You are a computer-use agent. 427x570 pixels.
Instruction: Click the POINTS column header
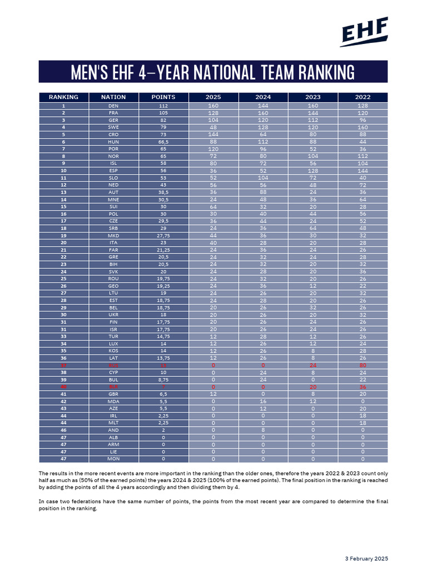pyautogui.click(x=163, y=97)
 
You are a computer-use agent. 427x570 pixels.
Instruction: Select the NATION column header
pyautogui.click(x=113, y=97)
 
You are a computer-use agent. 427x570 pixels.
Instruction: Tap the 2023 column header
pyautogui.click(x=313, y=97)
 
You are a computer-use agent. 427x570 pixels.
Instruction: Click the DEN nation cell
pyautogui.click(x=113, y=106)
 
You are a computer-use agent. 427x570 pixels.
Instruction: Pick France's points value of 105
pyautogui.click(x=163, y=112)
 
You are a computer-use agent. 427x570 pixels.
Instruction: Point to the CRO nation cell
pyautogui.click(x=113, y=134)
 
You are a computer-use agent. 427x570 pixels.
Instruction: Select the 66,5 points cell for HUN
pyautogui.click(x=163, y=141)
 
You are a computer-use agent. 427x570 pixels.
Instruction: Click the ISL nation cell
pyautogui.click(x=113, y=163)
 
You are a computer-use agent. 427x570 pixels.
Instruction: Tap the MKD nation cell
pyautogui.click(x=113, y=235)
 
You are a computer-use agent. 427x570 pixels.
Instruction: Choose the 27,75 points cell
pyautogui.click(x=163, y=235)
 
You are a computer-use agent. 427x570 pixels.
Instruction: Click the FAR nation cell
pyautogui.click(x=113, y=250)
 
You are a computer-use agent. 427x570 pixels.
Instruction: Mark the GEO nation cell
pyautogui.click(x=113, y=286)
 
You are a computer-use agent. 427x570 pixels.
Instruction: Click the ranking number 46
pyautogui.click(x=63, y=430)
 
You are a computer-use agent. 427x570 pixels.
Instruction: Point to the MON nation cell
pyautogui.click(x=113, y=459)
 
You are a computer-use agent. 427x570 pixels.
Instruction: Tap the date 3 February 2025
pyautogui.click(x=366, y=558)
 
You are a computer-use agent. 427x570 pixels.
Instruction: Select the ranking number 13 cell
pyautogui.click(x=63, y=192)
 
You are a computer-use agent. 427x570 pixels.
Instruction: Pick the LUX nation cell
pyautogui.click(x=113, y=344)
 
